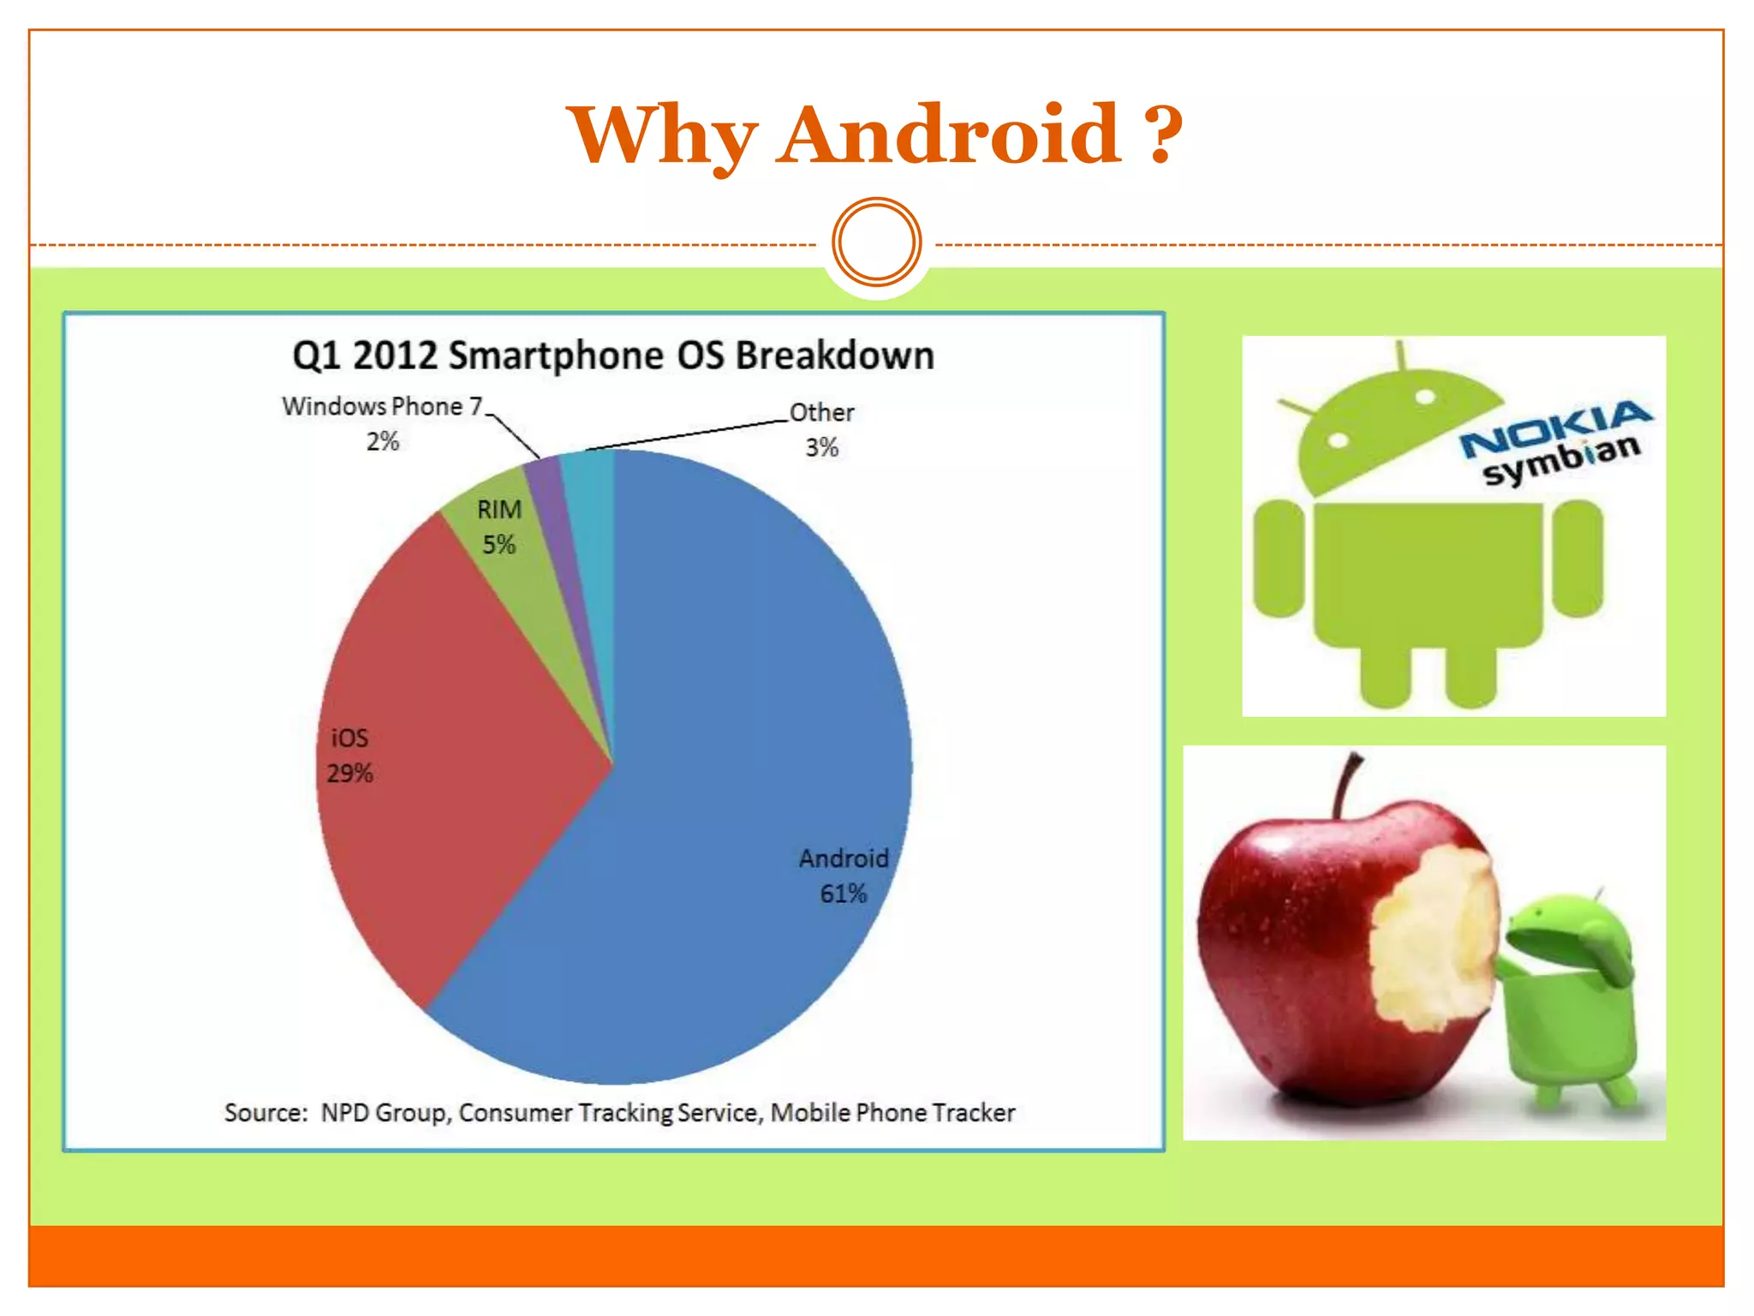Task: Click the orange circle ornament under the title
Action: (x=876, y=242)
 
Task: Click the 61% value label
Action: (x=843, y=894)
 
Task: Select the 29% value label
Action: (x=349, y=774)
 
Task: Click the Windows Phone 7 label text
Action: (x=382, y=406)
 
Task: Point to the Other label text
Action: (x=821, y=413)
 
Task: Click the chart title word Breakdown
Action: (x=834, y=356)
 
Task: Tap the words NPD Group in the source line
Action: (x=384, y=1112)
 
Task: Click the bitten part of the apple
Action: (x=1435, y=938)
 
